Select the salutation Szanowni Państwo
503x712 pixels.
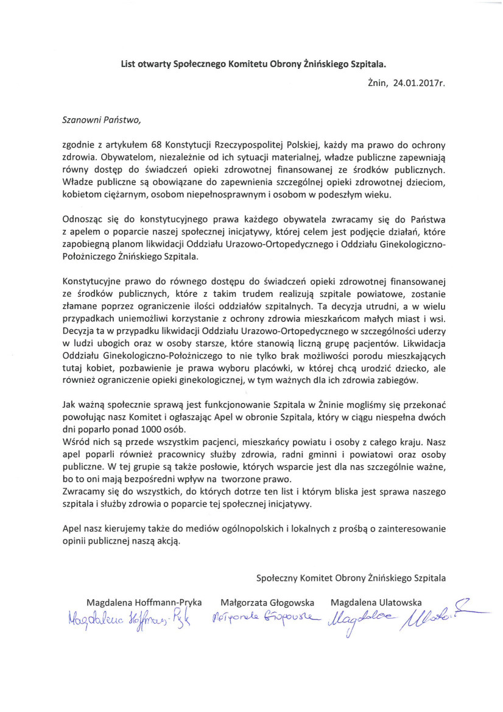point(101,119)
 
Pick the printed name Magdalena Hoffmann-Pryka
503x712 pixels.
point(144,602)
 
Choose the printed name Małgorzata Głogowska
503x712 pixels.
point(267,602)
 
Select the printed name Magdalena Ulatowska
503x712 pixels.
point(376,602)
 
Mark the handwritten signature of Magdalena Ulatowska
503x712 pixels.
point(390,619)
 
